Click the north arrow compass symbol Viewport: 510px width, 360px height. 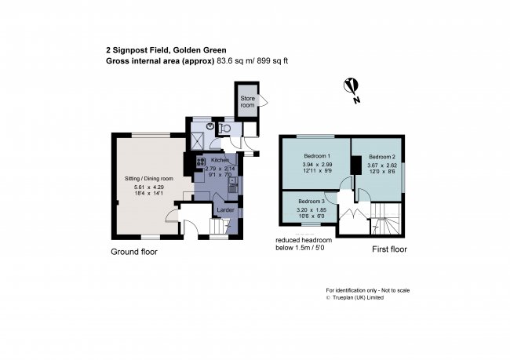tap(352, 87)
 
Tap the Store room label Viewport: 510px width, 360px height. tap(247, 101)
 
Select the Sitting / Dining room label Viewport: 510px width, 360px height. tap(149, 179)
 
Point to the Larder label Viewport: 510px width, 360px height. tap(226, 209)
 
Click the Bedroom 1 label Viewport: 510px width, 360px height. tap(316, 155)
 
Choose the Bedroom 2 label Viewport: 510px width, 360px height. tap(382, 155)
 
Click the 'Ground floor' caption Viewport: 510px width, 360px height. tap(133, 252)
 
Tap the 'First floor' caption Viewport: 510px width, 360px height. tap(389, 249)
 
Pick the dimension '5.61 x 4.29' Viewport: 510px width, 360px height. tap(149, 187)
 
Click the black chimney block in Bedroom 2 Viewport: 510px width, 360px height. tap(355, 165)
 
